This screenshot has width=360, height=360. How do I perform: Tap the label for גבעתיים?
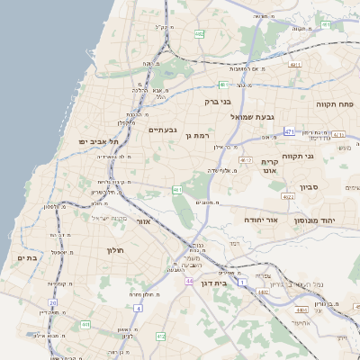click(162, 130)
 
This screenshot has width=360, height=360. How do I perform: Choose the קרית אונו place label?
click(270, 166)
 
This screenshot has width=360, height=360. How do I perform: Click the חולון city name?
click(114, 249)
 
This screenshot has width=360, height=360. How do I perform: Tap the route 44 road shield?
click(189, 281)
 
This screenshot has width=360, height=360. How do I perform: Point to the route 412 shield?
click(160, 337)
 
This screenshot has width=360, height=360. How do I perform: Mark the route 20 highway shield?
click(53, 304)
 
